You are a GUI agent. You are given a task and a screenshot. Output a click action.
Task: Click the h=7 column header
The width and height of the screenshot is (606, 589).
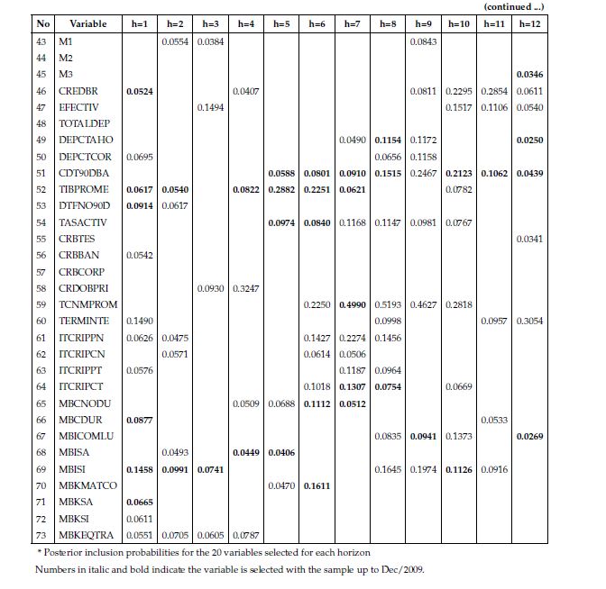tap(351, 23)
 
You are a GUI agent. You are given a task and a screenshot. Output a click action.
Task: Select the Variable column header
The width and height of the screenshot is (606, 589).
tap(87, 23)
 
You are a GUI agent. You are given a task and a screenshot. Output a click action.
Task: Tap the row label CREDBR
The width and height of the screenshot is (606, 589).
tap(78, 91)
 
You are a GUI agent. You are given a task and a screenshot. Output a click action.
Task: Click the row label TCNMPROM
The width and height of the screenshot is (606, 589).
tap(87, 304)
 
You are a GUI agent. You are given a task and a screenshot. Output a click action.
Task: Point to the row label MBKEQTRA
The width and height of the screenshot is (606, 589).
tap(87, 534)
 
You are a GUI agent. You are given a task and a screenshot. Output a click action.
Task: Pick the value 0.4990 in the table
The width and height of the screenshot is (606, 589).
tap(351, 304)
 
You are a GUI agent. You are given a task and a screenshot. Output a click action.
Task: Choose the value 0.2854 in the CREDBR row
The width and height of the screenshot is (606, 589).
tap(493, 91)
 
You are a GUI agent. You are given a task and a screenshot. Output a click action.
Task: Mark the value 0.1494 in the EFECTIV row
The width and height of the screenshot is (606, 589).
tap(210, 107)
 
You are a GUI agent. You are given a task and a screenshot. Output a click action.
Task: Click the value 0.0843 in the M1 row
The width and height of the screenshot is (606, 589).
tap(422, 42)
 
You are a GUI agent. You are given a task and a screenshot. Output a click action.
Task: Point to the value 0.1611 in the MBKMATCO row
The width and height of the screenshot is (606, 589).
tap(317, 485)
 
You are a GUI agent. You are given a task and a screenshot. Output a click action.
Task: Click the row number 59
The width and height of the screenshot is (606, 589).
tap(41, 304)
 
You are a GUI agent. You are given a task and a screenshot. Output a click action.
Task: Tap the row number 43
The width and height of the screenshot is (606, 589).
tap(41, 42)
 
